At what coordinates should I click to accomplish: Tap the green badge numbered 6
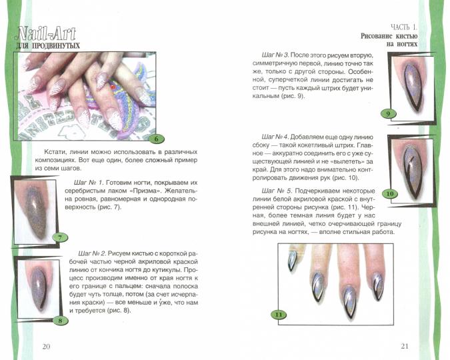155,139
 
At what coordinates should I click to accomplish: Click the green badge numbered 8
61,320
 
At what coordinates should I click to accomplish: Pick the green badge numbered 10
390,194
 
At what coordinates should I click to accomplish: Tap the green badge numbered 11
279,314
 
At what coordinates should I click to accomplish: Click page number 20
46,346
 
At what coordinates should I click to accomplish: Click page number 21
405,345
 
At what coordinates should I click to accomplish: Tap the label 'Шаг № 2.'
92,254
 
